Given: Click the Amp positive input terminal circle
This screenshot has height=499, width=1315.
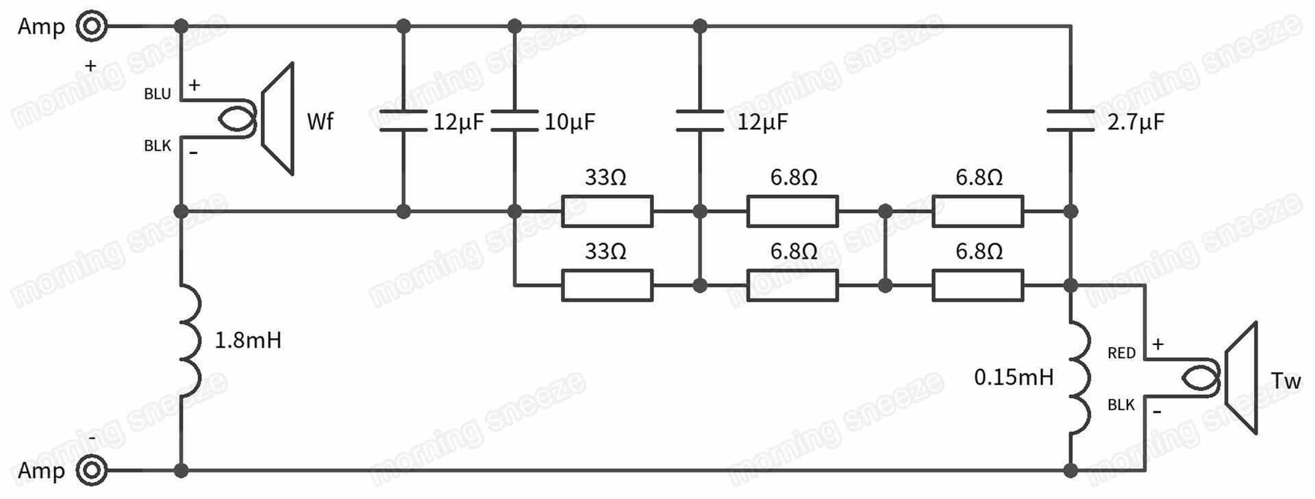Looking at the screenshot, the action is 92,27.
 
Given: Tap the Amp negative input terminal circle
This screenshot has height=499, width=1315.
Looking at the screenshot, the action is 92,471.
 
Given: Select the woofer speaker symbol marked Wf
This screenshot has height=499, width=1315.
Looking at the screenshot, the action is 277,119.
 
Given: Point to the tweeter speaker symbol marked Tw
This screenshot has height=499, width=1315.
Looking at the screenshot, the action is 1240,378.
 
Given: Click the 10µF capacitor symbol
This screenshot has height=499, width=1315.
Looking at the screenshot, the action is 514,120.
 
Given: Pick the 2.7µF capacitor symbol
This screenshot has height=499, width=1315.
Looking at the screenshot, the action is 1070,120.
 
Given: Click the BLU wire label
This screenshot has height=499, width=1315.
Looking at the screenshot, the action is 158,94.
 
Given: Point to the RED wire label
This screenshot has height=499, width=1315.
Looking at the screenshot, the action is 1121,353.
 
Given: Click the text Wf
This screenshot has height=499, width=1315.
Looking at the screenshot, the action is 320,122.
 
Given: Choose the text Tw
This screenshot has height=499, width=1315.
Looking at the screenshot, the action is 1285,381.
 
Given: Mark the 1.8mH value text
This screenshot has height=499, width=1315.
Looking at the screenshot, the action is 248,340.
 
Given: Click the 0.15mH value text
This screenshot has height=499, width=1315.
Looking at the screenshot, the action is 1014,377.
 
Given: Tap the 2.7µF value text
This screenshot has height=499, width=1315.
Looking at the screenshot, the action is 1136,123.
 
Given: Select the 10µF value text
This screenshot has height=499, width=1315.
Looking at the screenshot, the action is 570,123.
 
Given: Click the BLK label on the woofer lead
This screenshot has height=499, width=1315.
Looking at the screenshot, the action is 158,146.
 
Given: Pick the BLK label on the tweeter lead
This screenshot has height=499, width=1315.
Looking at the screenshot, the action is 1121,405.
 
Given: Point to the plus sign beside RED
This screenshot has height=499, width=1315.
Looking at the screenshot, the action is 1157,344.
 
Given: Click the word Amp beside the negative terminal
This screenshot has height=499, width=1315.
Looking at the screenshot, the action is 41,471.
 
